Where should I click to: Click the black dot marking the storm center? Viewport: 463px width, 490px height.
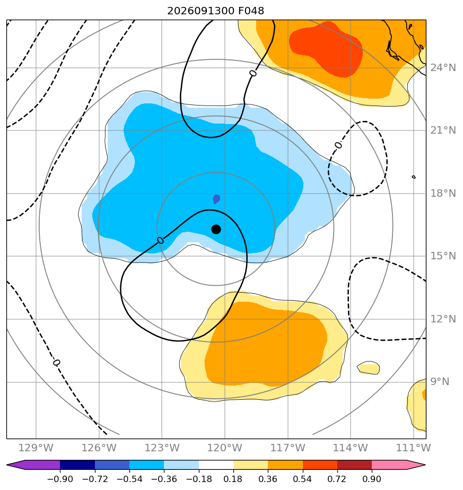coord(216,230)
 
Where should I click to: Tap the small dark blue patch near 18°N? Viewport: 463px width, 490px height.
coord(216,199)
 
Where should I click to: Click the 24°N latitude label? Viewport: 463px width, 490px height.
coord(443,67)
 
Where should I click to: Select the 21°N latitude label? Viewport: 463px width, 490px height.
coord(443,130)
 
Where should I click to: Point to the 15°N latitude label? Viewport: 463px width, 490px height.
coord(443,256)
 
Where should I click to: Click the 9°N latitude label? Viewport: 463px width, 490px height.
coord(440,382)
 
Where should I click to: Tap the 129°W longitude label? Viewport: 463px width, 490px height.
coord(36,448)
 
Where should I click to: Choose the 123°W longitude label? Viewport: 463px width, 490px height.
coord(162,448)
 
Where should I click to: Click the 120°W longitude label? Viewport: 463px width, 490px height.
coord(225,448)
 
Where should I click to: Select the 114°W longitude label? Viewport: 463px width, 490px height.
coord(351,448)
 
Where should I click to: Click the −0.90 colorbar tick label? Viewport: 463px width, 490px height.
coord(60,479)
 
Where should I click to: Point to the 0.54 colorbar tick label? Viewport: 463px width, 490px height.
coord(303,479)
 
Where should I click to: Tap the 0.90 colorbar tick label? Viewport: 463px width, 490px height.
coord(372,479)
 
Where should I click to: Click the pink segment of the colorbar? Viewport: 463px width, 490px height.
coord(389,465)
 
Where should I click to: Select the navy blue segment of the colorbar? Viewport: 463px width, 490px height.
coord(77,465)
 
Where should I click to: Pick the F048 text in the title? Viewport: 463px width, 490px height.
coord(251,11)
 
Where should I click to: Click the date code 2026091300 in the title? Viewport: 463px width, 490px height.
coord(200,11)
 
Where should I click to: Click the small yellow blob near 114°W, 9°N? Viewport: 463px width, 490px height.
coord(369,368)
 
